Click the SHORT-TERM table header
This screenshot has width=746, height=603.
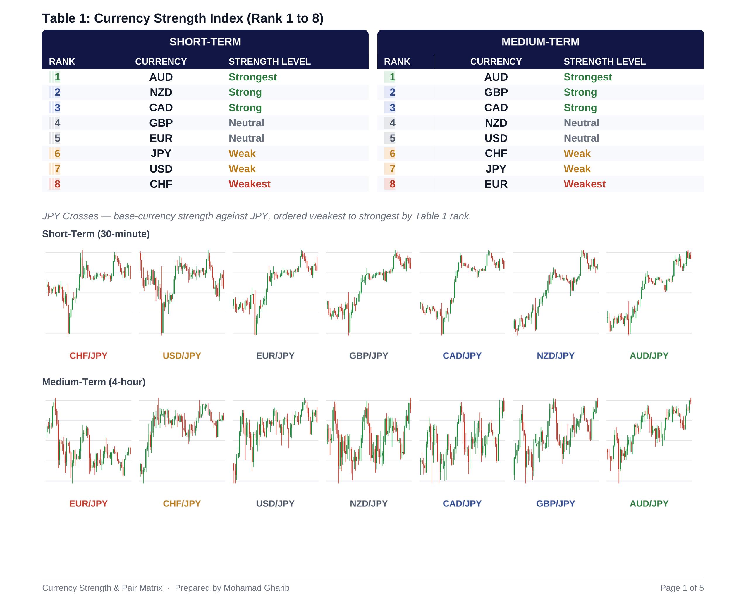205,42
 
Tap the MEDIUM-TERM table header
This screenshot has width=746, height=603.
540,42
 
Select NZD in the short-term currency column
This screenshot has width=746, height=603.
161,92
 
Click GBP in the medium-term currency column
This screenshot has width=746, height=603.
496,92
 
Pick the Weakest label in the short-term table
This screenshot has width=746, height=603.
250,184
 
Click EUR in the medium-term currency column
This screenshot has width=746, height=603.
496,184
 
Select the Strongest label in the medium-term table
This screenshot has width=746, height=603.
587,77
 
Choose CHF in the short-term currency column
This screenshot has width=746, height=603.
161,184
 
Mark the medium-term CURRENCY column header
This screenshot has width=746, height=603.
496,61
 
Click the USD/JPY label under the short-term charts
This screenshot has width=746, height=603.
182,356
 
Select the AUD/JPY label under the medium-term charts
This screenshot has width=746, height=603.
649,504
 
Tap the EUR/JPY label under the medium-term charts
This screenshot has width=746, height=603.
88,504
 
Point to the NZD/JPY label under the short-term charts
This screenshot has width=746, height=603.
556,356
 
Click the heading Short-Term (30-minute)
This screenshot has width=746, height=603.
96,234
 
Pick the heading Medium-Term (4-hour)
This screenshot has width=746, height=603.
94,382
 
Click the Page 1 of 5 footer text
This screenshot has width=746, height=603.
682,588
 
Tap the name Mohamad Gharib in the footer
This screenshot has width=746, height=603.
257,588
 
